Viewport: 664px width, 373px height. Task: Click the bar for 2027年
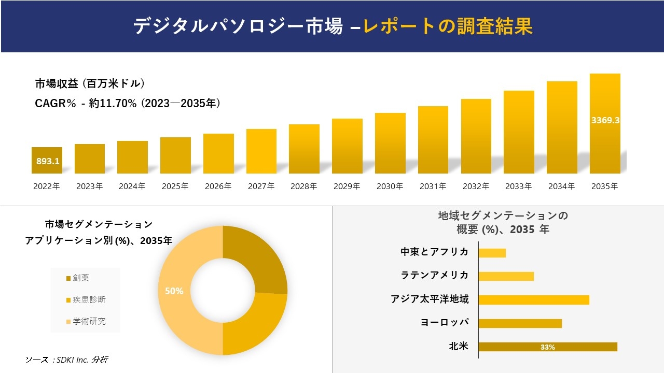click(x=261, y=151)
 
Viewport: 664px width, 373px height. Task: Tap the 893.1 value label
click(x=48, y=161)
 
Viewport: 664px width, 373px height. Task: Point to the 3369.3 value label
click(x=605, y=120)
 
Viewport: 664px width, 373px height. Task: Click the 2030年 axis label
click(x=390, y=187)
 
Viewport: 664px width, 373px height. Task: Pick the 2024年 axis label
click(x=132, y=187)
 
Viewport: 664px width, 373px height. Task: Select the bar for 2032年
click(x=476, y=136)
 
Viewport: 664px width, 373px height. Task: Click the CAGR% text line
click(x=128, y=104)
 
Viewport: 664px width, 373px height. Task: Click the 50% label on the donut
click(x=174, y=291)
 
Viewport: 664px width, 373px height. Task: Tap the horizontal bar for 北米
click(x=547, y=347)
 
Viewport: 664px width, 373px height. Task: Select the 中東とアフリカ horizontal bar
click(x=492, y=253)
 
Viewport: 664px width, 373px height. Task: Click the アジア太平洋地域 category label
click(x=430, y=299)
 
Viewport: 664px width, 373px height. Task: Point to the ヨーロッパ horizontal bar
click(x=520, y=323)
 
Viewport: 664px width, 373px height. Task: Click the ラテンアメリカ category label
click(x=435, y=275)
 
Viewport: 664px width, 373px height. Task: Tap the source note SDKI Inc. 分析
click(x=67, y=360)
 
